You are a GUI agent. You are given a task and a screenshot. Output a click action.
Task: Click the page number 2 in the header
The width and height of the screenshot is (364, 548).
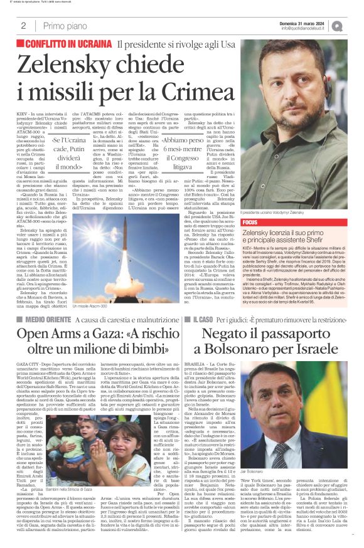pyautogui.click(x=23, y=26)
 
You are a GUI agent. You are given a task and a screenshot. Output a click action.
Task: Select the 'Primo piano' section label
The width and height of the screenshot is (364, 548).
pyautogui.click(x=63, y=26)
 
